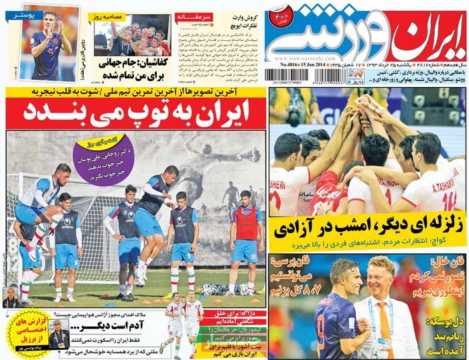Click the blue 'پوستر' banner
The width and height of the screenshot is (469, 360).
click(x=22, y=13)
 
